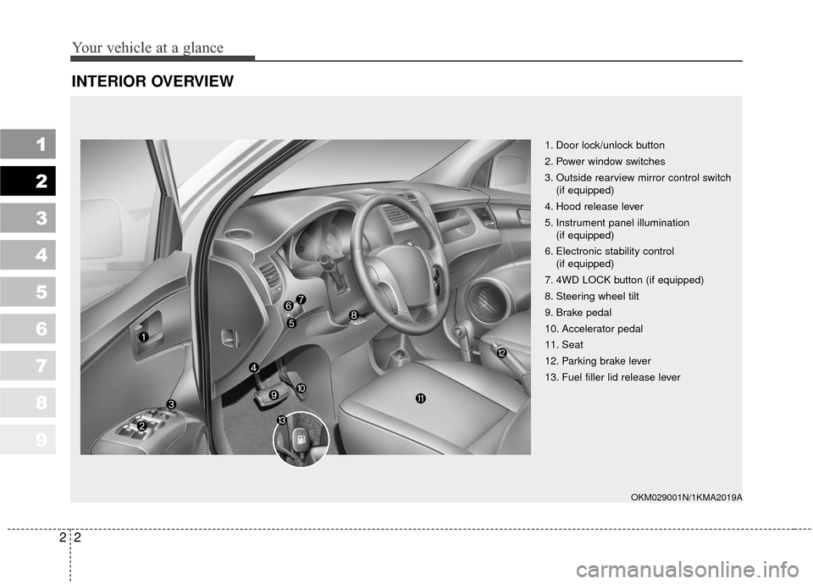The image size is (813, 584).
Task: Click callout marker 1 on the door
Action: click(x=143, y=337)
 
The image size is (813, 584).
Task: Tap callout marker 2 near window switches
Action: click(x=142, y=425)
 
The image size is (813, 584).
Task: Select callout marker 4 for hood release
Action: click(x=253, y=367)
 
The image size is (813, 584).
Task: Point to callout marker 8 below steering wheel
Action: click(x=353, y=314)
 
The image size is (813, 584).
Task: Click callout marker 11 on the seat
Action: click(x=420, y=398)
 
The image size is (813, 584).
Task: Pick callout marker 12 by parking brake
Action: click(x=501, y=352)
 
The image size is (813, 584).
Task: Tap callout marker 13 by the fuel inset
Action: click(x=281, y=420)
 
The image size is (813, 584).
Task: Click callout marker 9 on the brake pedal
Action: click(x=274, y=395)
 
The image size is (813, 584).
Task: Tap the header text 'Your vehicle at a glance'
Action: click(x=149, y=47)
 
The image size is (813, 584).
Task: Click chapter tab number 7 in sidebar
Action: click(x=28, y=365)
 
